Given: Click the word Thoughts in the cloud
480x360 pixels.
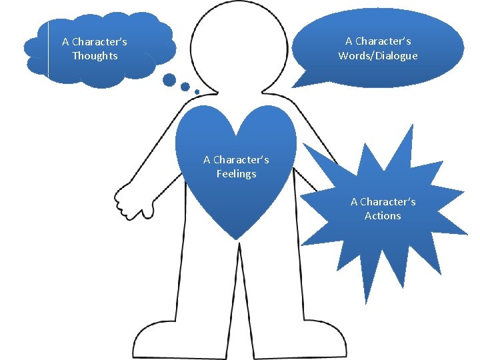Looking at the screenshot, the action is [95, 56].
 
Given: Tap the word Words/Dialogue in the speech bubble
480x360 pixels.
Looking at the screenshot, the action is [378, 56].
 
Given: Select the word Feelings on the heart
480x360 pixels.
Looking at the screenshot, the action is [236, 174].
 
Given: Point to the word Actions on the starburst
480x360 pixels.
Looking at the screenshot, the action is [383, 216].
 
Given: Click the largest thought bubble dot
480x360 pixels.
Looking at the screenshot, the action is [169, 81].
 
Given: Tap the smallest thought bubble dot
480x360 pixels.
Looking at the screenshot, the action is [197, 91].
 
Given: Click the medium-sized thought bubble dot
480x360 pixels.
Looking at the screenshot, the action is [185, 87].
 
